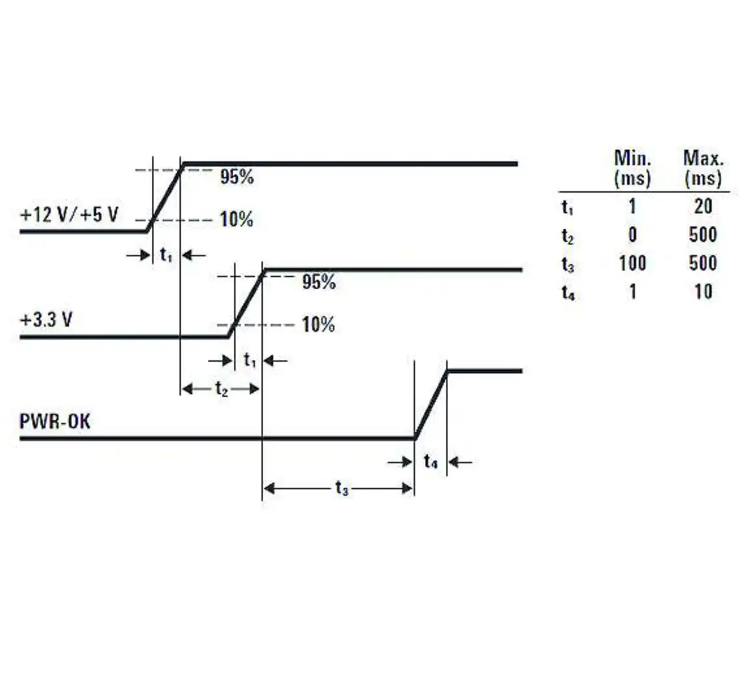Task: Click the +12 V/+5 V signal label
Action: tap(69, 215)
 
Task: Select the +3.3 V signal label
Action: tap(46, 320)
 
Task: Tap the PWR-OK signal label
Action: tap(55, 421)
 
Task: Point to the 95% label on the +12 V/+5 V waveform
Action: tap(237, 177)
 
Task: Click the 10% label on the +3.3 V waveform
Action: tap(318, 324)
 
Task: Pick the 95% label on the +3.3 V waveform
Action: tap(319, 282)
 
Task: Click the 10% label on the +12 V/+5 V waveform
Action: tap(237, 219)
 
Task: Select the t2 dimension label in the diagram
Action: tap(222, 389)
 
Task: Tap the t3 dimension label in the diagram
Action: tap(342, 488)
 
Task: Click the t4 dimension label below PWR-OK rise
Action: tap(431, 461)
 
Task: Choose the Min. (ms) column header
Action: tap(632, 168)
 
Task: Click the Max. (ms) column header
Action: tap(703, 168)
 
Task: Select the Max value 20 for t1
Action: tap(703, 206)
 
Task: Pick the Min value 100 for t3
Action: tap(632, 263)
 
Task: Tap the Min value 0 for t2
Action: tap(632, 235)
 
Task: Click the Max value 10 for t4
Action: tap(703, 292)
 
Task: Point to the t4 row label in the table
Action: tap(568, 293)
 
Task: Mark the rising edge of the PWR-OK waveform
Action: tap(431, 405)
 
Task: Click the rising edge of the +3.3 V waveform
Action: tap(247, 303)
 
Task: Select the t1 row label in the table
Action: tap(568, 207)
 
